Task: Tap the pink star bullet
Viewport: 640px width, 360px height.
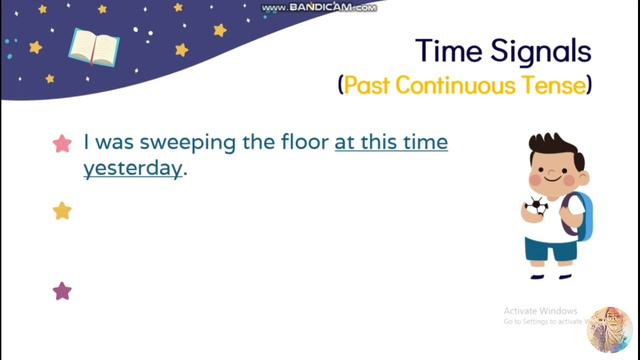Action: pyautogui.click(x=62, y=144)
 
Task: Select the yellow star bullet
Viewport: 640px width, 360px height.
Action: pyautogui.click(x=62, y=211)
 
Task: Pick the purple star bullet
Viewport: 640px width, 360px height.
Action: pyautogui.click(x=62, y=291)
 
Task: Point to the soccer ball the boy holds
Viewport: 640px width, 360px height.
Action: pyautogui.click(x=537, y=207)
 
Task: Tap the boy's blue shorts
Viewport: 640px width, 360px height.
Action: pyautogui.click(x=551, y=248)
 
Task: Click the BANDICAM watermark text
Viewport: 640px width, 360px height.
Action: pyautogui.click(x=319, y=8)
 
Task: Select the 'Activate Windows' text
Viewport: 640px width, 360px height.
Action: pyautogui.click(x=542, y=310)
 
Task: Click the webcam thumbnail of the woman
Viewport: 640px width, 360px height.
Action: pyautogui.click(x=609, y=331)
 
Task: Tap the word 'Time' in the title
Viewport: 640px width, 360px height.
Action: pyautogui.click(x=448, y=52)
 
